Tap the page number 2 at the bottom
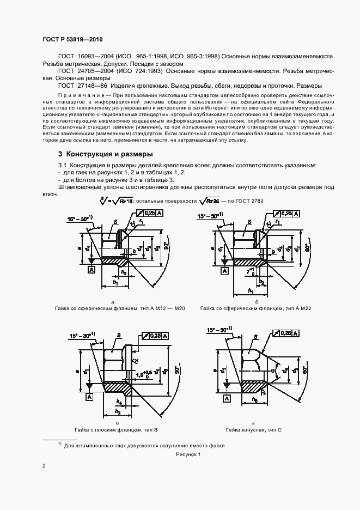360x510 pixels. click(44, 466)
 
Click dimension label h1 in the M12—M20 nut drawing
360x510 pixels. click(115, 282)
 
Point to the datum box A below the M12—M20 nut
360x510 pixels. click(91, 270)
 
